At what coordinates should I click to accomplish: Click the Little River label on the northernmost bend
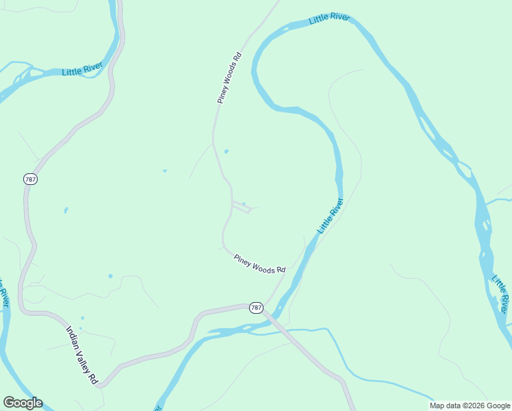(x=329, y=18)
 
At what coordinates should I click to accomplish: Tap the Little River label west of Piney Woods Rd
(x=82, y=69)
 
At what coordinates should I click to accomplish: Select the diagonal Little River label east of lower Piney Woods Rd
(x=330, y=215)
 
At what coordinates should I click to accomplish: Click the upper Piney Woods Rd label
(x=230, y=78)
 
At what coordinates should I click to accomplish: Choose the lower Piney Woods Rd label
(x=259, y=264)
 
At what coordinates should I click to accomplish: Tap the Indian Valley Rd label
(x=82, y=354)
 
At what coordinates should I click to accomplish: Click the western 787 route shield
(x=29, y=179)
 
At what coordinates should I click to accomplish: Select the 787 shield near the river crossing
(x=256, y=308)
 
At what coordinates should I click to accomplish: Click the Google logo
(x=23, y=403)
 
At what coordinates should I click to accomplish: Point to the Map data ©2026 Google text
(x=470, y=406)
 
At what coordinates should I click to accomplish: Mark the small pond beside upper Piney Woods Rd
(x=226, y=151)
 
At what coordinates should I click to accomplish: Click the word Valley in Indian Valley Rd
(x=84, y=356)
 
